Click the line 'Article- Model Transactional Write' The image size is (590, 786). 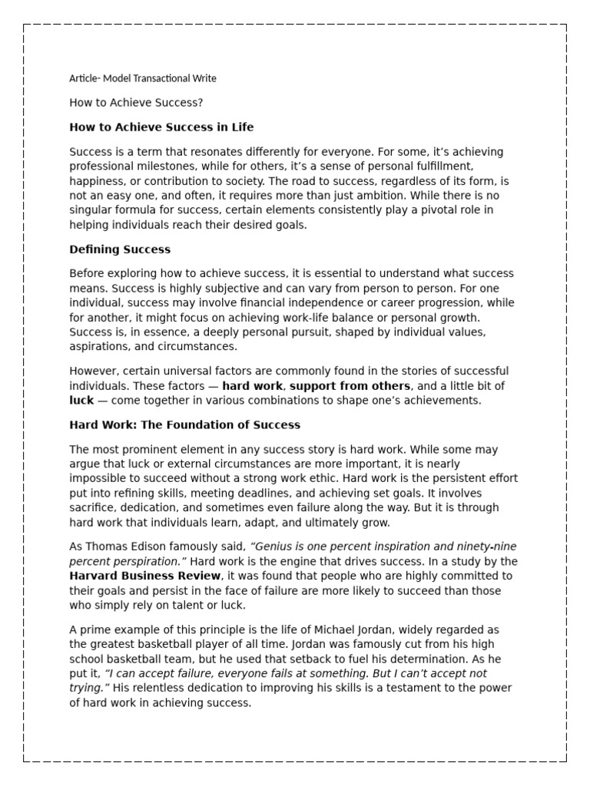[x=143, y=78]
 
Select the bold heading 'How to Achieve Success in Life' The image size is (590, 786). [x=161, y=127]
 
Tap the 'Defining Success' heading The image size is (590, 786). [x=120, y=249]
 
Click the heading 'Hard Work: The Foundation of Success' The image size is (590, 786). [x=184, y=424]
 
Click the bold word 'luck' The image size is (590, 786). [x=81, y=400]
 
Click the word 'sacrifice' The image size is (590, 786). [x=92, y=507]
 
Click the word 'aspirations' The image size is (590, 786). [x=100, y=346]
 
